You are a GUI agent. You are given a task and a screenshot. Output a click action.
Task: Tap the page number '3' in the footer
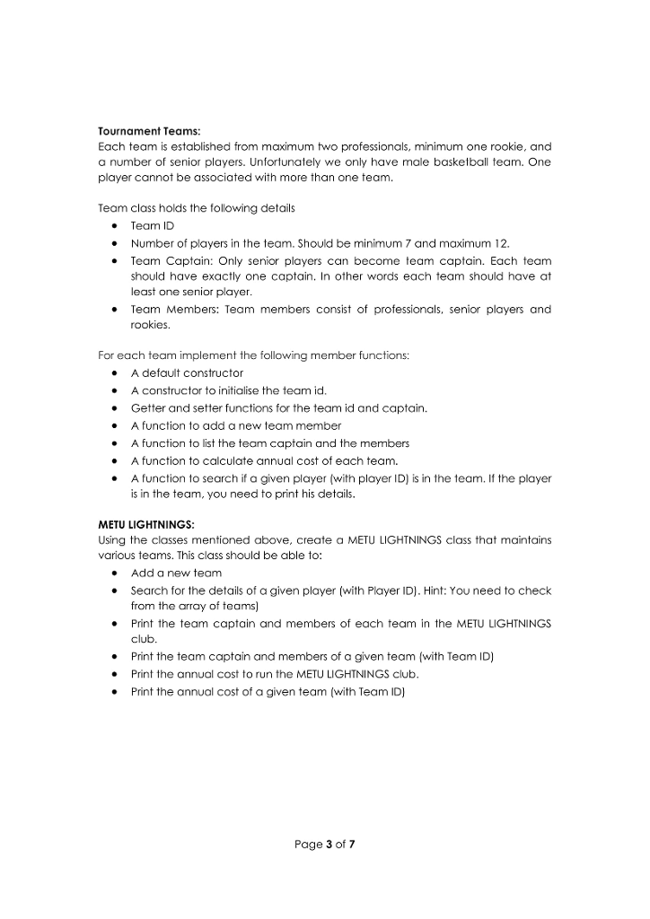(x=329, y=844)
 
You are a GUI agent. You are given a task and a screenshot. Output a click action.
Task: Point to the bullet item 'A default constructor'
(x=187, y=373)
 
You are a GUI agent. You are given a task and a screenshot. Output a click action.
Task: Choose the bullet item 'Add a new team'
(x=176, y=573)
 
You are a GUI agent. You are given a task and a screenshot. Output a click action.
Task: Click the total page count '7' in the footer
(x=353, y=844)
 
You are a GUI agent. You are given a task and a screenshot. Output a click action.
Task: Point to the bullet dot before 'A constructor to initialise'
(x=118, y=391)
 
